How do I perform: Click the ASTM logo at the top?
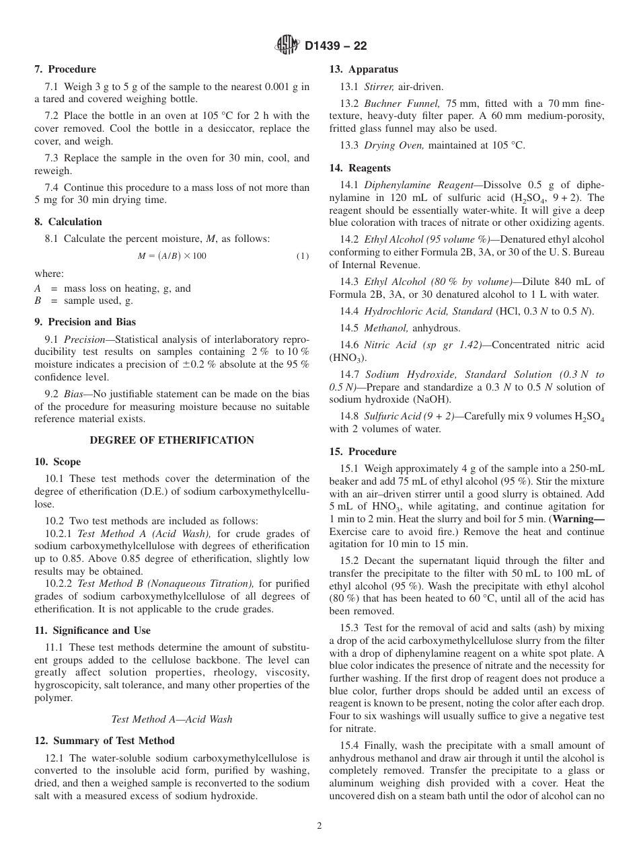288,46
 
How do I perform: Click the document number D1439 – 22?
336,46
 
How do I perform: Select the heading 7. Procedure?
65,69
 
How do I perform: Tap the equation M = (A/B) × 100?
172,256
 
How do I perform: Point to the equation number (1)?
303,256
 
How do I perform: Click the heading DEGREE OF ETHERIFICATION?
172,440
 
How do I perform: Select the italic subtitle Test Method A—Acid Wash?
172,719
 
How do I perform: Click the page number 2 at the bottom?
319,826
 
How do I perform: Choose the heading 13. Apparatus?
363,69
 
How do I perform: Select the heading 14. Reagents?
360,168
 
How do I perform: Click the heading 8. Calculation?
68,222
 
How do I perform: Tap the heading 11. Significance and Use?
92,630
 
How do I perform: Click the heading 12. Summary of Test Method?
104,741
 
